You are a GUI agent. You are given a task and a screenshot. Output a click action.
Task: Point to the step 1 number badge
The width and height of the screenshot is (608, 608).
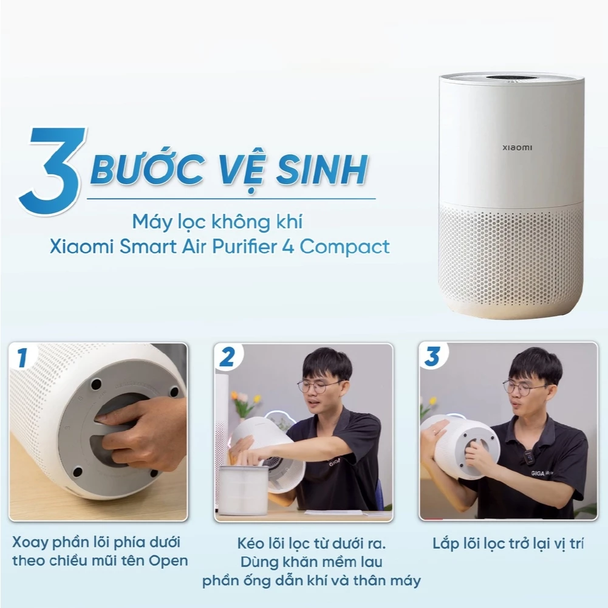(x=22, y=358)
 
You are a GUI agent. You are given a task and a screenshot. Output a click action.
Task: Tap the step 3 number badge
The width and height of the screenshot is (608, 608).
(x=432, y=357)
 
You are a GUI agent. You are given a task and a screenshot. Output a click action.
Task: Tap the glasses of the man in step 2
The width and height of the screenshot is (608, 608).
(x=318, y=386)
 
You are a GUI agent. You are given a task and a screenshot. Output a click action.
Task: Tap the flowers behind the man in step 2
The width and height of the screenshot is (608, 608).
(x=245, y=401)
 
